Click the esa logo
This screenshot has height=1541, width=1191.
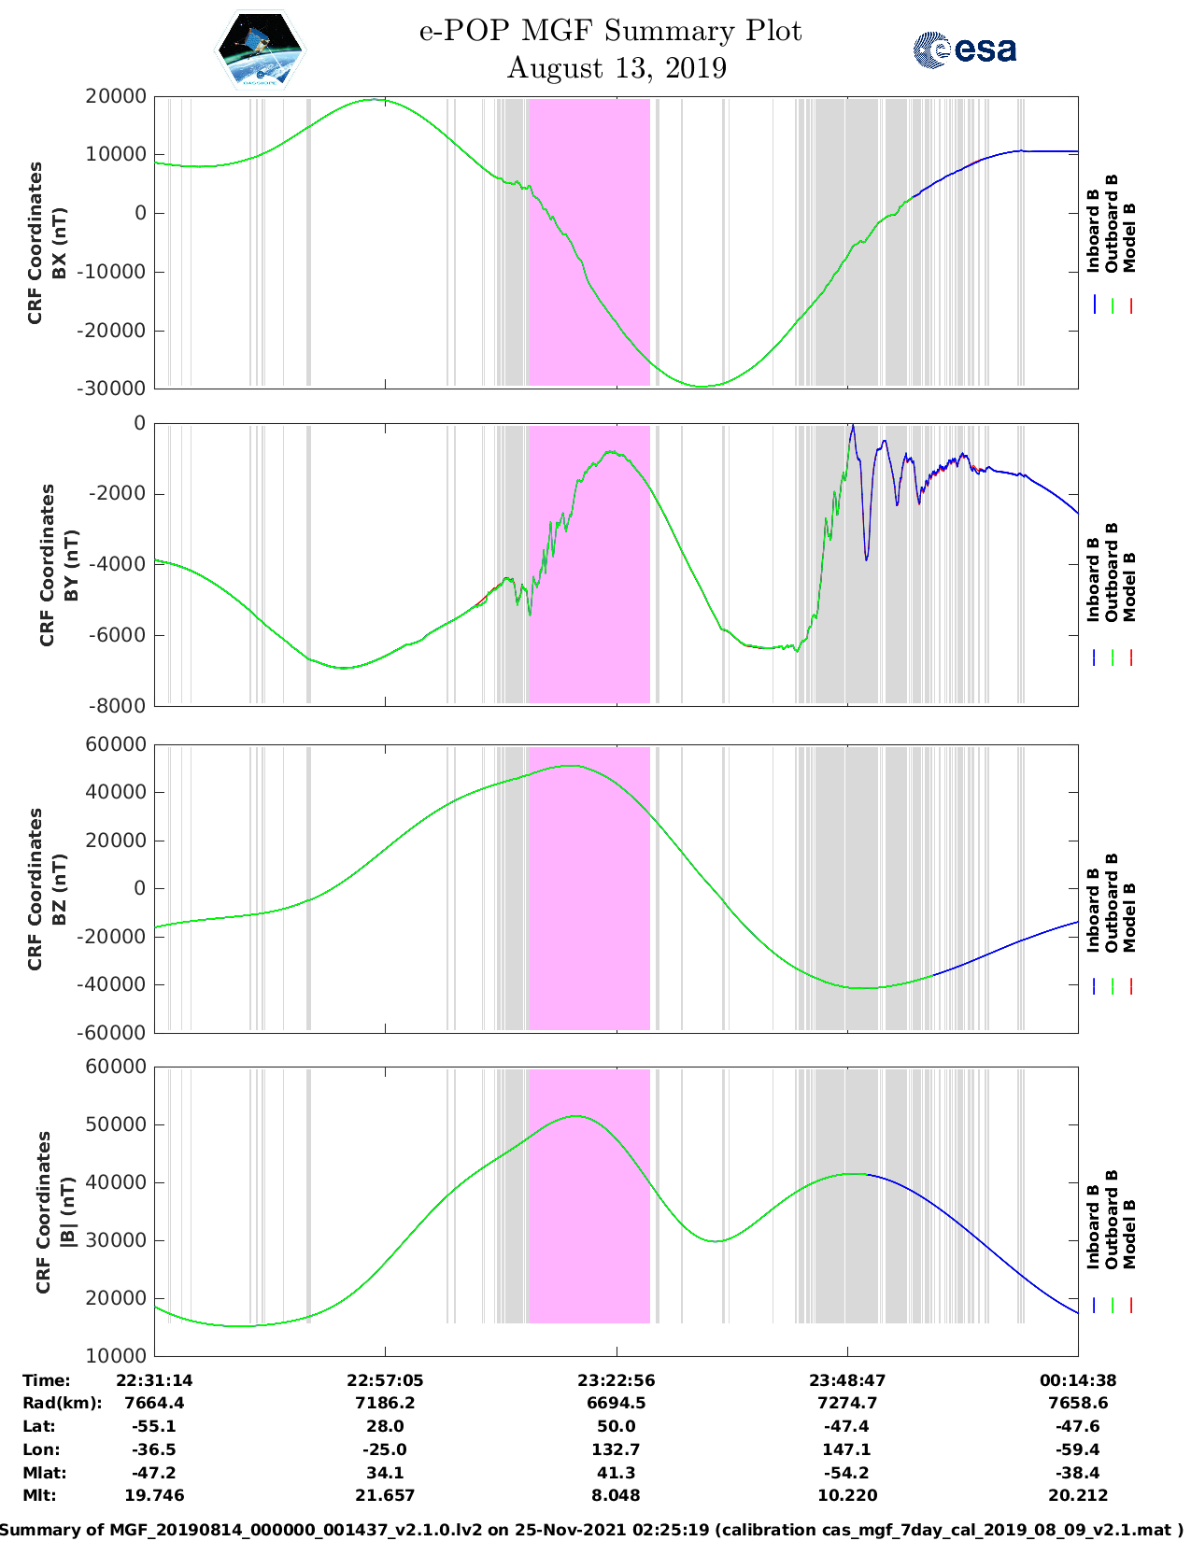click(x=964, y=49)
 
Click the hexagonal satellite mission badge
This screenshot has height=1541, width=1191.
click(x=261, y=49)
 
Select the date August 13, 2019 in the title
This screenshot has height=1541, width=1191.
click(x=616, y=68)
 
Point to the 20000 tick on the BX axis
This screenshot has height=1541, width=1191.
click(x=115, y=96)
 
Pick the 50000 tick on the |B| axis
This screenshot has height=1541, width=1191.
click(x=115, y=1124)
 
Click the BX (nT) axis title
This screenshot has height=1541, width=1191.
click(x=59, y=243)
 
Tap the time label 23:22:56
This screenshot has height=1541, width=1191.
click(x=616, y=1380)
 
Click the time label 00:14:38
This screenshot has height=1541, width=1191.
click(x=1078, y=1380)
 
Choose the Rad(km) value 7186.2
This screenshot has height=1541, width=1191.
click(x=385, y=1403)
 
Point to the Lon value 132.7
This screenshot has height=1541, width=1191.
click(x=616, y=1449)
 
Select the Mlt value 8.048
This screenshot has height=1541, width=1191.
click(x=616, y=1495)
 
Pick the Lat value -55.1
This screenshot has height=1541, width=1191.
click(x=154, y=1426)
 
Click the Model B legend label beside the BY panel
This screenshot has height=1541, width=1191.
click(x=1129, y=587)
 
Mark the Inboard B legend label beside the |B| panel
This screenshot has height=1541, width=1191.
click(x=1094, y=1226)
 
